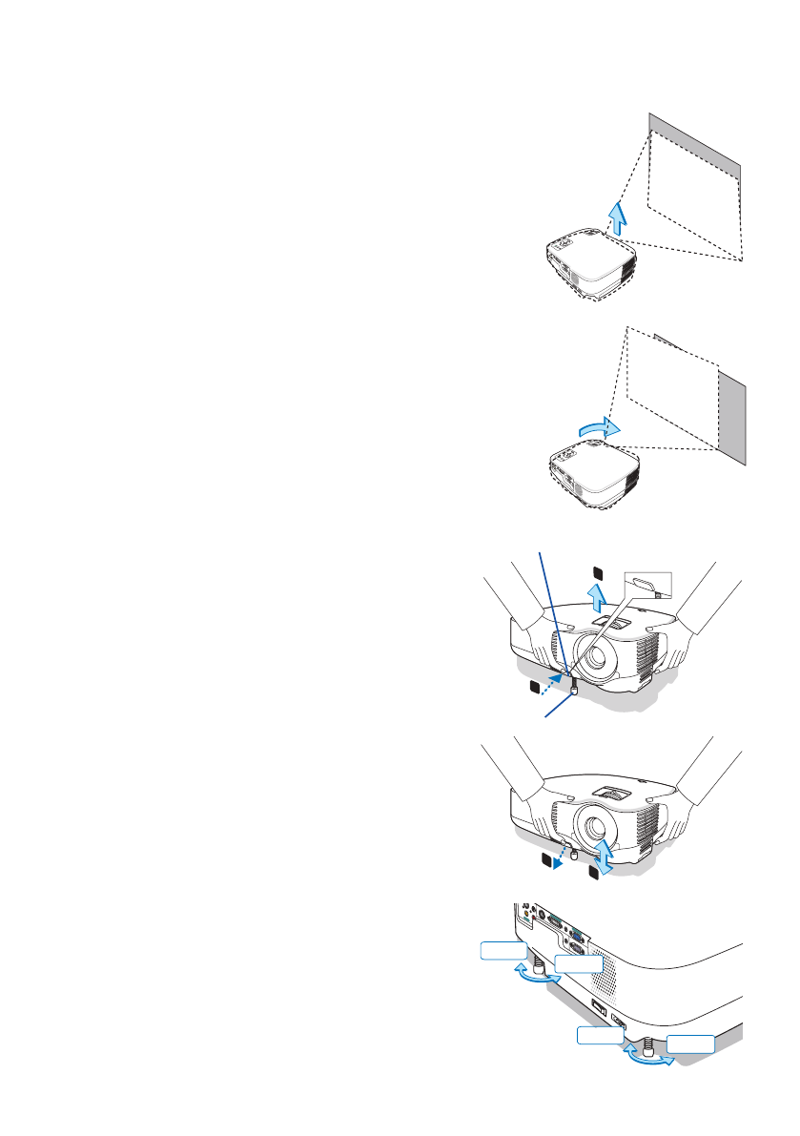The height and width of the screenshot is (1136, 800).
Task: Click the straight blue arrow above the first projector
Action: (x=617, y=218)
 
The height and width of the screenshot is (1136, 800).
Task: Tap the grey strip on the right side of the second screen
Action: (x=732, y=420)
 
